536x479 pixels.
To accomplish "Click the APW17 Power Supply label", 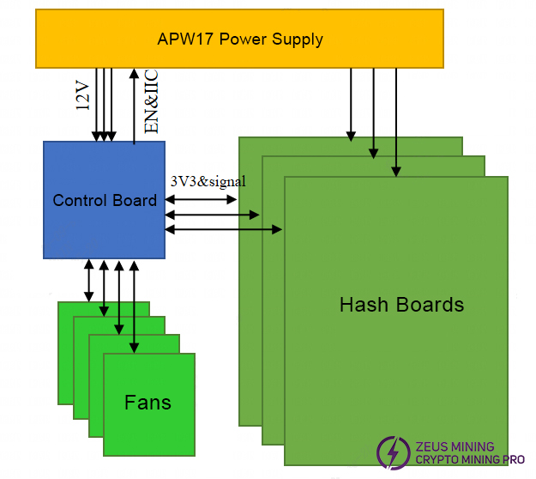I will click(240, 39).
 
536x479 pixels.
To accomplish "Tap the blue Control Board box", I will click(104, 201).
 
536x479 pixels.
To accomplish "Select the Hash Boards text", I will click(401, 305).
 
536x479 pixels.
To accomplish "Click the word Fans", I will click(148, 402).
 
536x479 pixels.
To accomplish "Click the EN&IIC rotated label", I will click(151, 103).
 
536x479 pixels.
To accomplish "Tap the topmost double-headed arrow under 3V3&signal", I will click(201, 199).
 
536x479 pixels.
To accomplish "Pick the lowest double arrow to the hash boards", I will click(223, 229).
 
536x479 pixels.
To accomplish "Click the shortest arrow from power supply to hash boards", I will click(351, 103).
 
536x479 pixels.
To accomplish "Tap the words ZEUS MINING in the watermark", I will click(455, 446).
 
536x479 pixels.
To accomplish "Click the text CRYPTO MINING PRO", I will click(470, 460).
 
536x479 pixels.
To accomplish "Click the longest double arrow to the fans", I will click(133, 306).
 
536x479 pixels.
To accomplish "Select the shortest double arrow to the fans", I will click(88, 280).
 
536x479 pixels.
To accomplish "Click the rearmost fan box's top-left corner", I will click(60, 304).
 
